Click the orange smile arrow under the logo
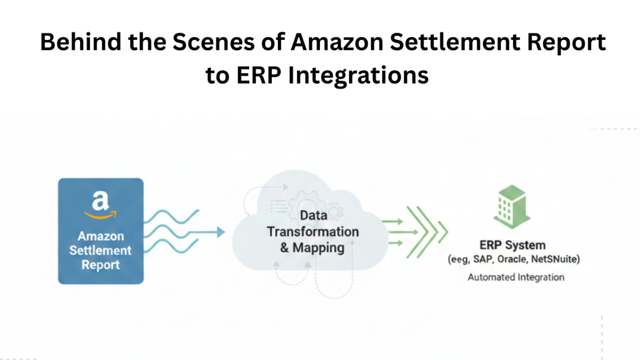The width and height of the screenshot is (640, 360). coord(100,214)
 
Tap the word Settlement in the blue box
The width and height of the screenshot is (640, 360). coord(100,250)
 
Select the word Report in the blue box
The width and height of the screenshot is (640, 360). coord(100,265)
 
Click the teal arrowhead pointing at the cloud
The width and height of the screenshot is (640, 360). coord(220,232)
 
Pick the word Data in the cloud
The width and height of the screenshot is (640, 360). coord(313,215)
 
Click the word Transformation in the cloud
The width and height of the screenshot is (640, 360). coord(313,231)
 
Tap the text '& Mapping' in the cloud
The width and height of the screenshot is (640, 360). coord(313,248)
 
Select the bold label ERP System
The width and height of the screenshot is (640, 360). coord(512,245)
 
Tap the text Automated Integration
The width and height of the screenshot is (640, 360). coord(516,277)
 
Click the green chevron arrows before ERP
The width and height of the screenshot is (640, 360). coord(427,231)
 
